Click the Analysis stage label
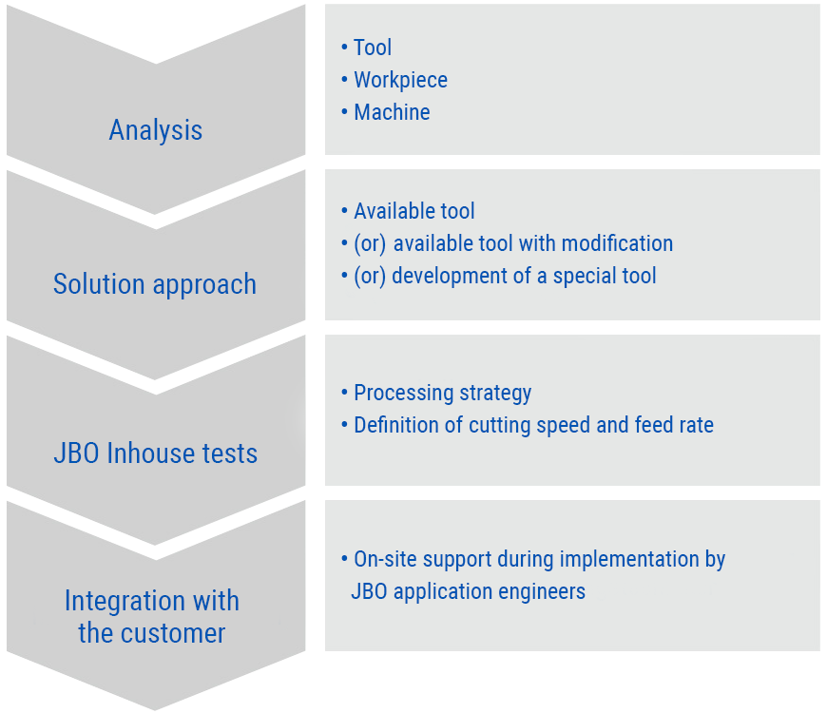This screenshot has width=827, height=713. point(156,130)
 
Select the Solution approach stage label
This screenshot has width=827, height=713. point(155,285)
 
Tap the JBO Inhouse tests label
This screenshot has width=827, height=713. point(156,453)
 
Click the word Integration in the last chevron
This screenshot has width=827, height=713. point(125,601)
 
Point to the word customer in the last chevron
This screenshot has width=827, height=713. point(173,633)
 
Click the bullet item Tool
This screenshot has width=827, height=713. point(373,48)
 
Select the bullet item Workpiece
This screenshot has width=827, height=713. point(401,80)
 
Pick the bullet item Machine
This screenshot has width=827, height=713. point(392,112)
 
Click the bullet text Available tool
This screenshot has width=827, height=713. point(414,211)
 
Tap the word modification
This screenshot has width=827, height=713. point(617,243)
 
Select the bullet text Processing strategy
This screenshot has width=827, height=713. point(443,393)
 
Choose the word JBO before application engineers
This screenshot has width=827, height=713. point(369,591)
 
